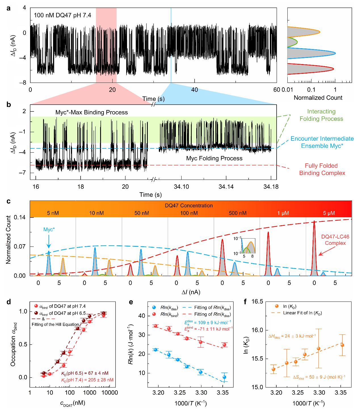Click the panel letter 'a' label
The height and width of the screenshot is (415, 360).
pos(9,8)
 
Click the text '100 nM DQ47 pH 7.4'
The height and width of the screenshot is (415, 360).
pos(62,15)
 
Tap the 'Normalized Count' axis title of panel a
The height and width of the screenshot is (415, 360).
pos(318,98)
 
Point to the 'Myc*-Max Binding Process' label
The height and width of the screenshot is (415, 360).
pos(92,112)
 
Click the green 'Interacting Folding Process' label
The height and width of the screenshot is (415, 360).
pos(321,115)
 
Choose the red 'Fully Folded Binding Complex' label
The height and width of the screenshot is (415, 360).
pos(322,169)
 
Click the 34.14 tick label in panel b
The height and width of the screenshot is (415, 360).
pos(226,187)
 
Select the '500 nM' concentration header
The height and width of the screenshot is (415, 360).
pos(237,213)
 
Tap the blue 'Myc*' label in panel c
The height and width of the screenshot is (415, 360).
pos(49,229)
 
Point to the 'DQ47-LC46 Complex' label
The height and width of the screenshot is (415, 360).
pos(335,240)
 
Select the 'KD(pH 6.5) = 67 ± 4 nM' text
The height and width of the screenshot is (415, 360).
pos(85,373)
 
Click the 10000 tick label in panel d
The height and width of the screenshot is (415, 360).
pos(110,393)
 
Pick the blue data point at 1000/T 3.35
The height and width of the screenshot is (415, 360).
pos(224,377)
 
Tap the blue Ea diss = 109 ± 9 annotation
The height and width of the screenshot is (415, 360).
pos(208,323)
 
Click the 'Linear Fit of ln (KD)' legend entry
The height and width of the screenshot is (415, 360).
pos(302,313)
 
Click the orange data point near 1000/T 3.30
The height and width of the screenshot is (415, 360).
pos(319,349)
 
